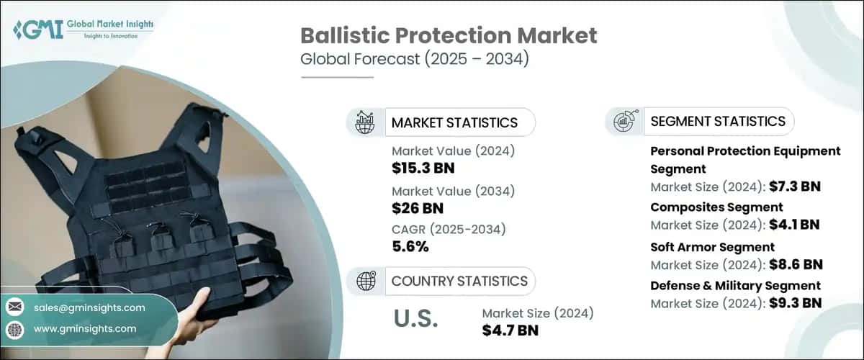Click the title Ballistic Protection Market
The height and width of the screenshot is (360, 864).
tap(449, 36)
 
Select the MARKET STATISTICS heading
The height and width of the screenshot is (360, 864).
tap(454, 122)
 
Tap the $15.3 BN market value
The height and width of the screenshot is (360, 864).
tap(423, 168)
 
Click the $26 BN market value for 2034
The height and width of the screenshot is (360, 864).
tap(417, 208)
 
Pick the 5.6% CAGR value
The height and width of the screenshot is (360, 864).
tap(410, 247)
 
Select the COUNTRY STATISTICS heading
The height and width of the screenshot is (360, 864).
tap(459, 281)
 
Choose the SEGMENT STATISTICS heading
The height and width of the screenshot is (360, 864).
tap(717, 121)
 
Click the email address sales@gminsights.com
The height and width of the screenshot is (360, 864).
tap(89, 307)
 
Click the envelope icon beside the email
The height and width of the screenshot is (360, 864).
tap(15, 307)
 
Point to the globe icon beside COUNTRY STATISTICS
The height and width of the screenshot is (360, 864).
tap(366, 281)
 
